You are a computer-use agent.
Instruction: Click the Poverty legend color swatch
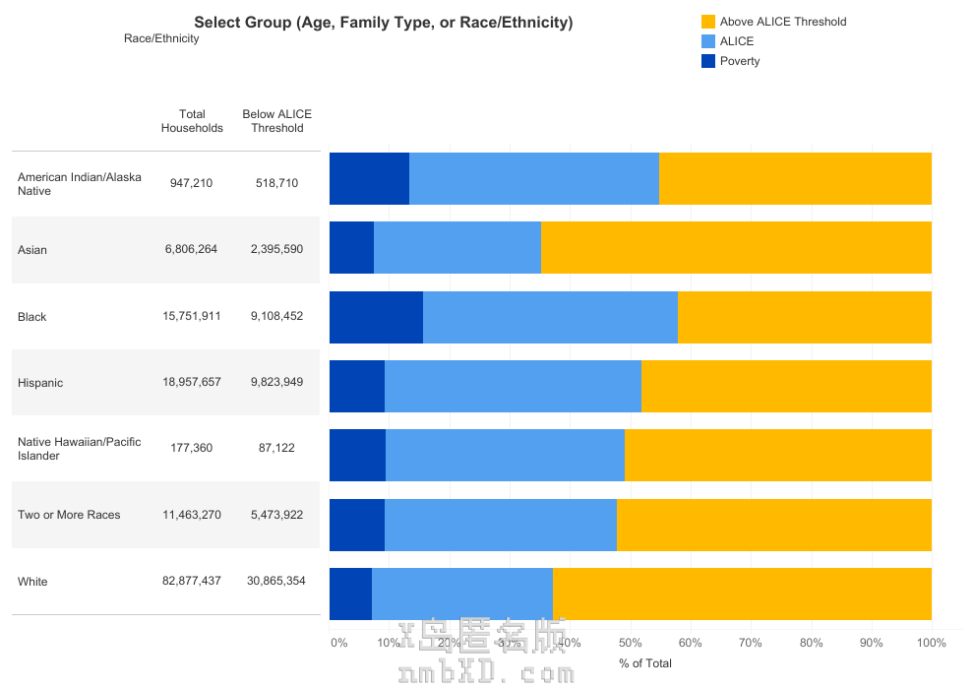(x=707, y=61)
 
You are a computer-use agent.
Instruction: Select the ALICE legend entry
(x=736, y=41)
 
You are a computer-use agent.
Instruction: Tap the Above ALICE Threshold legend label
(x=782, y=22)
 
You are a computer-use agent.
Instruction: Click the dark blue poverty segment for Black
(x=376, y=317)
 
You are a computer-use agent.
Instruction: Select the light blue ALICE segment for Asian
(x=457, y=247)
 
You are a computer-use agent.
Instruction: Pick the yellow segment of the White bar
(x=742, y=594)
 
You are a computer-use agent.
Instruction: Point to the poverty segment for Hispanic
(x=357, y=386)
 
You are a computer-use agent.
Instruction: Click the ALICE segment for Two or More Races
(x=501, y=525)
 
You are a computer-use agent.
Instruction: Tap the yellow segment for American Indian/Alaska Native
(x=795, y=178)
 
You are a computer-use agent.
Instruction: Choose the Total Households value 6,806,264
(x=192, y=250)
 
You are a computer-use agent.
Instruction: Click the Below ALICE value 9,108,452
(x=276, y=317)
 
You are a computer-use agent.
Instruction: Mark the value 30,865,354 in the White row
(x=276, y=582)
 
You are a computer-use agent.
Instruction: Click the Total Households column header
(x=192, y=121)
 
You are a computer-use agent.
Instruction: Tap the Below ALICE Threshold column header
(x=276, y=121)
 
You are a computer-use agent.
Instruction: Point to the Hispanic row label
(x=40, y=383)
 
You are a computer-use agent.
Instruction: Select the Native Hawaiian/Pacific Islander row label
(x=79, y=449)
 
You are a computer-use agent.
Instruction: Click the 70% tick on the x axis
(x=751, y=644)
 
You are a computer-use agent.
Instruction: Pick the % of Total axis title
(x=645, y=663)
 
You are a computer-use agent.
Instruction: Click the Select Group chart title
(x=383, y=23)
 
